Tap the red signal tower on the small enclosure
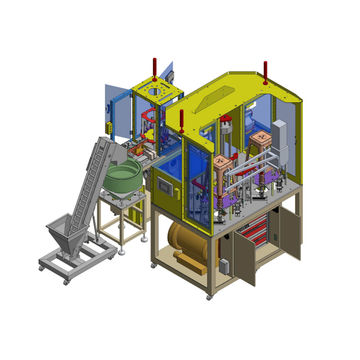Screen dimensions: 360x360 coord(154,67)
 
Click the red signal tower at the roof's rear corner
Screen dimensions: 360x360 coord(265,72)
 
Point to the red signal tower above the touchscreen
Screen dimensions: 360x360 coord(181,121)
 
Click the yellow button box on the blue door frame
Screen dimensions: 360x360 coord(109,127)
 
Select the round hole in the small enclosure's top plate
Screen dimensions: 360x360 coord(155,92)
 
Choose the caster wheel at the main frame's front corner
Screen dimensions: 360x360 coord(209,297)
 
